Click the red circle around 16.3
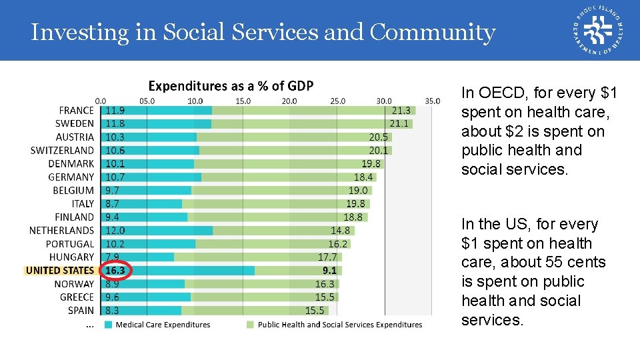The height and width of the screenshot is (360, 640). coord(116,271)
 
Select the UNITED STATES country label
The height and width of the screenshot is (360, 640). coord(60,271)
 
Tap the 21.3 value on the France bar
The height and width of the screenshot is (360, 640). coord(401,111)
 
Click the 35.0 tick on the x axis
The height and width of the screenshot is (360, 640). coord(432,101)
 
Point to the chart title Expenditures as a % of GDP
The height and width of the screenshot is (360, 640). coord(231,86)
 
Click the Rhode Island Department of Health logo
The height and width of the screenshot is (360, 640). coord(598,30)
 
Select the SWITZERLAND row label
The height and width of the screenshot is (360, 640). coord(62,151)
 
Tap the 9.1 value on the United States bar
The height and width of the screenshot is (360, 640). coord(329,271)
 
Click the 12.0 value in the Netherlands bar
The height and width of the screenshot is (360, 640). coord(115,231)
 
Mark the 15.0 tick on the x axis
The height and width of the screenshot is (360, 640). coord(243,101)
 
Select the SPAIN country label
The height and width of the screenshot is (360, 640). coord(81,311)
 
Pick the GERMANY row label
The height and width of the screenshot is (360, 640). coord(71,177)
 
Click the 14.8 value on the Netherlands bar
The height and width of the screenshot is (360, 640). coord(340,231)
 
